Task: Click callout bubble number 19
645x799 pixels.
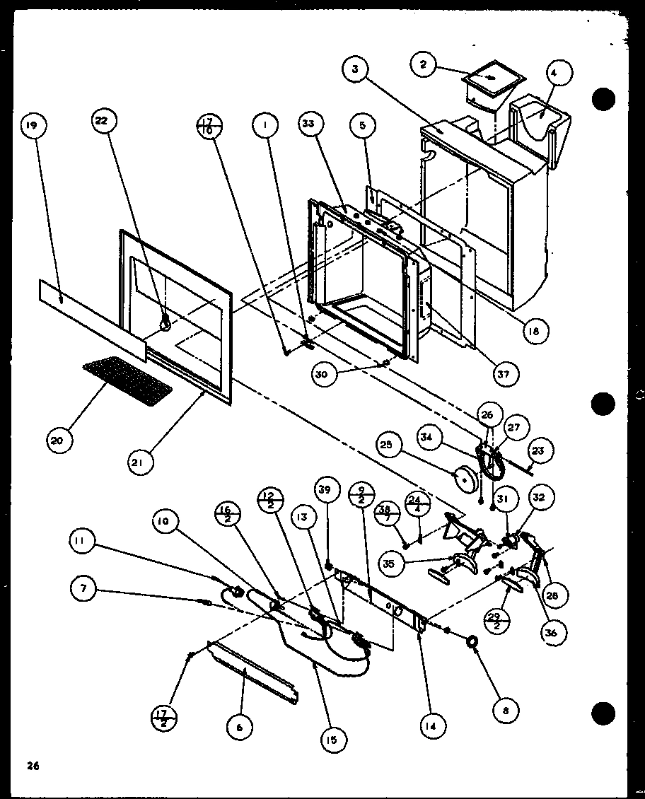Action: click(31, 127)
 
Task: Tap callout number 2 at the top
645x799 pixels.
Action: click(423, 65)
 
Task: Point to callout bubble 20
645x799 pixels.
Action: click(57, 441)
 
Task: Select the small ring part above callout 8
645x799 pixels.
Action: click(470, 641)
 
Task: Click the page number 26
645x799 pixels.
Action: click(32, 766)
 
